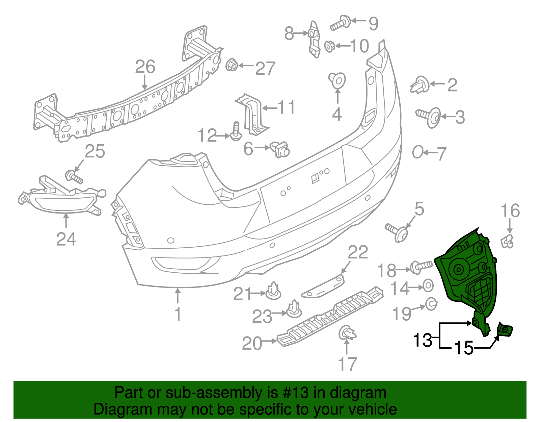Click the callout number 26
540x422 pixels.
[x=145, y=67]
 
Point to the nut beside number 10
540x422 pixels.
[x=329, y=46]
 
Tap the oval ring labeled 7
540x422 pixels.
[x=417, y=152]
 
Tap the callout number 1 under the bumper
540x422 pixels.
[x=178, y=314]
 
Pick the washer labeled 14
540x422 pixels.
[x=428, y=286]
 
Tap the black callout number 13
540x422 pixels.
[x=422, y=340]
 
